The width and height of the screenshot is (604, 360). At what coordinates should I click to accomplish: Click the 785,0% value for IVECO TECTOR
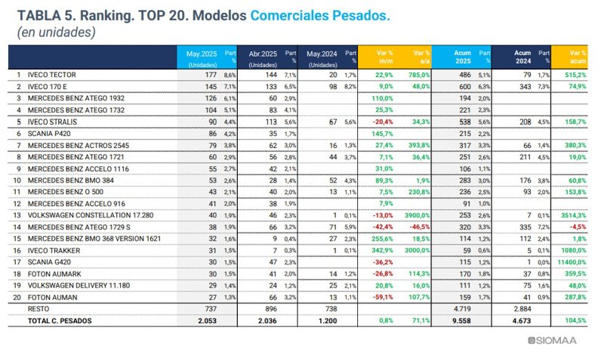tap(418, 75)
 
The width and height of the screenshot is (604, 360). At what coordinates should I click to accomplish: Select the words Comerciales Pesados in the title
tap(320, 15)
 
